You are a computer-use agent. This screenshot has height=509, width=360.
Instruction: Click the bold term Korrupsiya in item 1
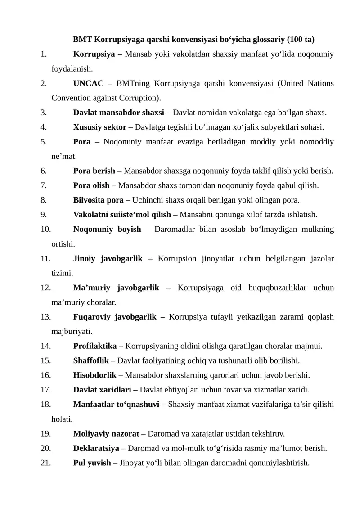[94, 54]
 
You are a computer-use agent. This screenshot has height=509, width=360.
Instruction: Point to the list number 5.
[43, 142]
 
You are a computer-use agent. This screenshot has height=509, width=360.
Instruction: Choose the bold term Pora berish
[94, 171]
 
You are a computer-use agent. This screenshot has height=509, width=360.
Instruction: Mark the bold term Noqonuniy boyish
[107, 229]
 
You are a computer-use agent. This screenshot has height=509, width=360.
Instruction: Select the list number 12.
[45, 288]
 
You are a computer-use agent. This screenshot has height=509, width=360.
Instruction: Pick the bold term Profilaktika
[95, 346]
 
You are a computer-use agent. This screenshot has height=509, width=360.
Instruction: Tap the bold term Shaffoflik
[91, 360]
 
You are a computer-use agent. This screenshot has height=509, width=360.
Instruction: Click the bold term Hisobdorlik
[95, 375]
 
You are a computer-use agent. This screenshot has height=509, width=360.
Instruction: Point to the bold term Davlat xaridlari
[102, 390]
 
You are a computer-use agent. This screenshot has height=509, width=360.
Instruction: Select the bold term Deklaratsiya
[96, 448]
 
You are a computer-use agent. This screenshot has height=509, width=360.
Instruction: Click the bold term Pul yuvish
[92, 463]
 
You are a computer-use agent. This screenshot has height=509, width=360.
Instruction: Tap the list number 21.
[45, 463]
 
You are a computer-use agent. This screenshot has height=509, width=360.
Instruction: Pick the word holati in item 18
[62, 419]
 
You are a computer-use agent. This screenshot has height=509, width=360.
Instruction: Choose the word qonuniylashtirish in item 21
[282, 463]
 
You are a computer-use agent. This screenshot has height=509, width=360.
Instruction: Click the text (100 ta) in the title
[302, 40]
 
